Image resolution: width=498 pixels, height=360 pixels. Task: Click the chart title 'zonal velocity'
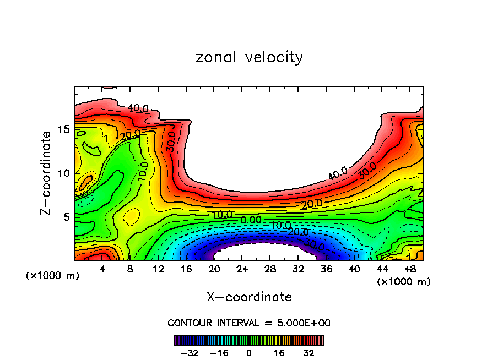pyautogui.click(x=249, y=57)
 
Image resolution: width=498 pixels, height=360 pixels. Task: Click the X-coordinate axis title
pyautogui.click(x=249, y=297)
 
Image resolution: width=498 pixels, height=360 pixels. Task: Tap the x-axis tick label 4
pyautogui.click(x=102, y=270)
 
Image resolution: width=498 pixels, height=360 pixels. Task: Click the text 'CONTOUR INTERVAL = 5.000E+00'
pyautogui.click(x=249, y=323)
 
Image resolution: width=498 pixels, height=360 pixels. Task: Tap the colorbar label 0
pyautogui.click(x=249, y=352)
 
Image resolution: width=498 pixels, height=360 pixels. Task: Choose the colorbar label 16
pyautogui.click(x=279, y=352)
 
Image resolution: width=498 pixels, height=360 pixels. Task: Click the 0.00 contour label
pyautogui.click(x=251, y=220)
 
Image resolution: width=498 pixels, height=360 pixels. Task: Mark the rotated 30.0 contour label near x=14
pyautogui.click(x=171, y=141)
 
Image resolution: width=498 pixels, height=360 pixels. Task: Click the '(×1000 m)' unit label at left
pyautogui.click(x=53, y=276)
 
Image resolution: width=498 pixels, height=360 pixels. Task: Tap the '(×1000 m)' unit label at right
pyautogui.click(x=404, y=282)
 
